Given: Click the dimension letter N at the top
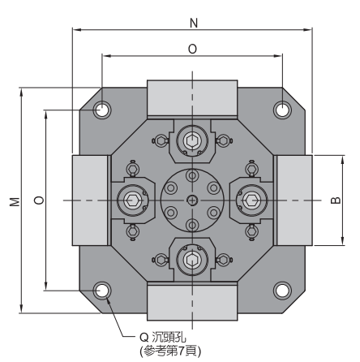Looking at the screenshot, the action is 194,23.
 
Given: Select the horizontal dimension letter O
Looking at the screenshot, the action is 192,50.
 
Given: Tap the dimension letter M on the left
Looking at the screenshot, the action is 15,202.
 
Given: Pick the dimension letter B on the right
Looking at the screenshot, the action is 336,200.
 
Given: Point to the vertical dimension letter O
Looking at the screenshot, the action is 39,200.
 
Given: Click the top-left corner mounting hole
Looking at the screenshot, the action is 102,110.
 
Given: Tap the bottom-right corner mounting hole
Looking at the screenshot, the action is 282,291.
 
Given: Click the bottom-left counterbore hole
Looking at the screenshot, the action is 102,291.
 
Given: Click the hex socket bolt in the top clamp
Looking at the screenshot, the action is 192,140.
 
